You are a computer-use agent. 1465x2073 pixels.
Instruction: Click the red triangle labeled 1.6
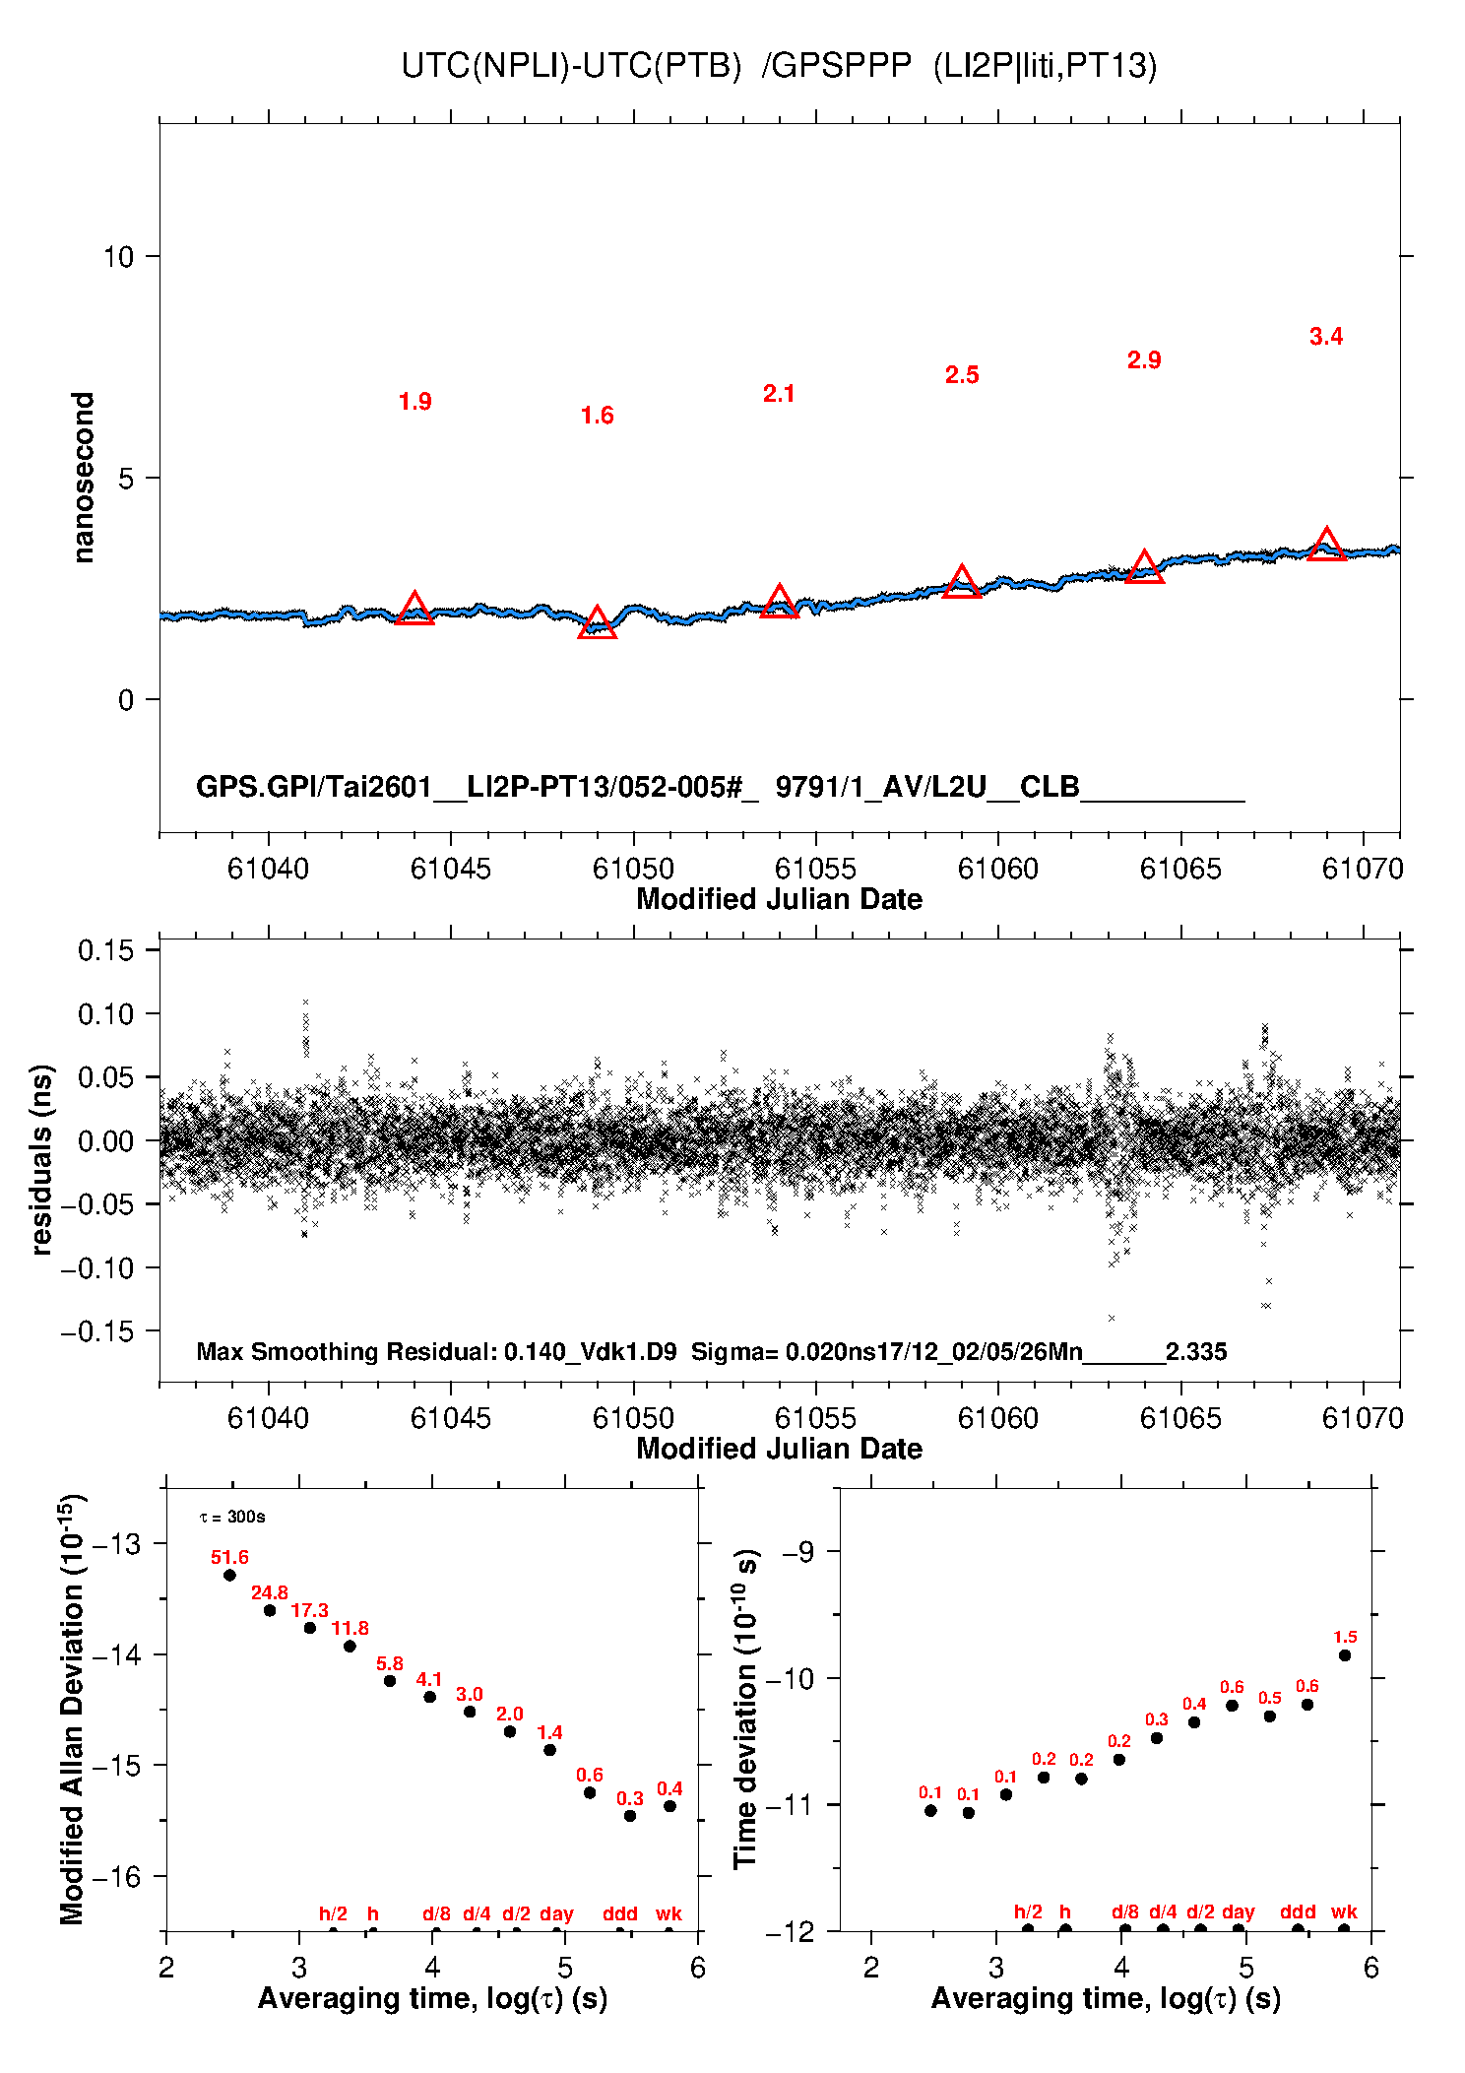tap(597, 624)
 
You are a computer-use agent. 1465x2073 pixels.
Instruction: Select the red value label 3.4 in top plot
tap(1326, 337)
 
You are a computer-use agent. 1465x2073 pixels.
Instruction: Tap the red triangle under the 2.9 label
tap(1144, 568)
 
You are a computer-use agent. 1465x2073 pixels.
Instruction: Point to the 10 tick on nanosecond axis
tap(118, 257)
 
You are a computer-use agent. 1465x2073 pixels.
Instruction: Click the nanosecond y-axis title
tap(85, 478)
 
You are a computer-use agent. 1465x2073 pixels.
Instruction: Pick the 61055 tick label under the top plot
tap(815, 869)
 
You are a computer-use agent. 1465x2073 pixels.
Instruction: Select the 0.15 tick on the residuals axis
tap(105, 950)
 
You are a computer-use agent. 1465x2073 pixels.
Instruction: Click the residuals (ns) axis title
tap(41, 1159)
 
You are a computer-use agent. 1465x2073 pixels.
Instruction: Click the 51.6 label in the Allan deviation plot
tap(229, 1557)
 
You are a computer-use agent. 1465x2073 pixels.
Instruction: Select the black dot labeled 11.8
tap(350, 1646)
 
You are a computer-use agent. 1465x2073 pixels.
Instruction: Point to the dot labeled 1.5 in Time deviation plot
tap(1345, 1655)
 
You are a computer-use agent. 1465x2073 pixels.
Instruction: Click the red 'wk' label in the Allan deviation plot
tap(669, 1913)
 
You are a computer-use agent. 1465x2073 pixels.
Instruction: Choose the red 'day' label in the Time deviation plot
tap(1238, 1911)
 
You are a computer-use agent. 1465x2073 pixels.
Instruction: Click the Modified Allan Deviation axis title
tap(72, 1709)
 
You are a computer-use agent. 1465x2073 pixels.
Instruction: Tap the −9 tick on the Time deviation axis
tap(797, 1552)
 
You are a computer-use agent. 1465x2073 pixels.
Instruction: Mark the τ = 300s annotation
tap(232, 1517)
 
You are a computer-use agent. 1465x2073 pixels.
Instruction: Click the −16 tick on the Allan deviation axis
tap(116, 1877)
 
